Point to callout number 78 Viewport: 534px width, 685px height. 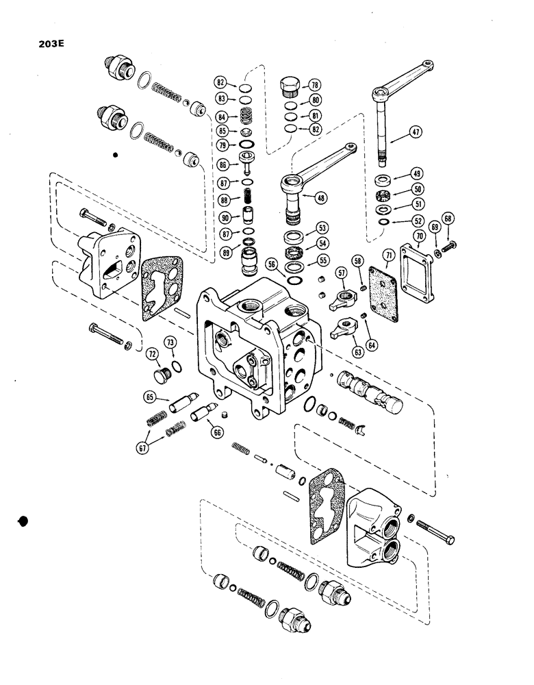tap(315, 86)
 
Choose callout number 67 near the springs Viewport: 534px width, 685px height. tap(143, 448)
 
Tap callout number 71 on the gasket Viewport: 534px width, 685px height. tap(390, 256)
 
